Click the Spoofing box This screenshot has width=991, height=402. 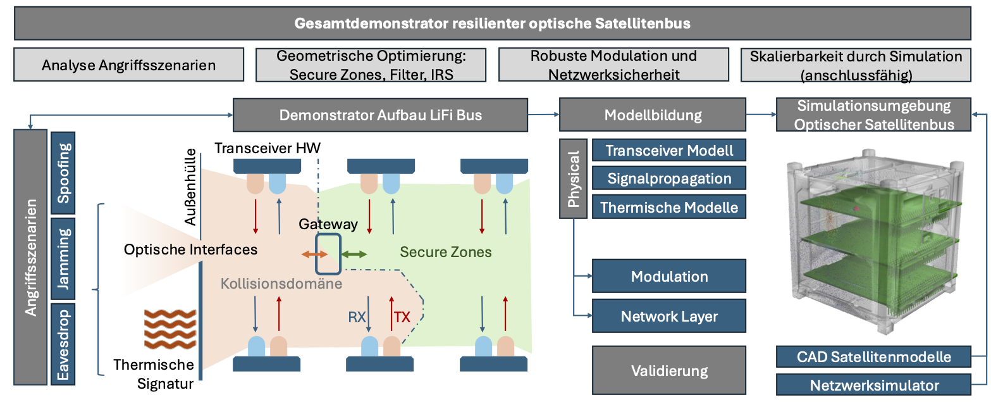click(x=63, y=173)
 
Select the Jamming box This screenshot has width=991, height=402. click(x=63, y=258)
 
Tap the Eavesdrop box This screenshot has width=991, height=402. click(x=63, y=344)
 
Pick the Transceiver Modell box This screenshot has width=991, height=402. click(x=669, y=150)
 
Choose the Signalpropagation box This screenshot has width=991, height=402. click(x=669, y=178)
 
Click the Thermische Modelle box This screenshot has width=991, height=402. click(x=669, y=207)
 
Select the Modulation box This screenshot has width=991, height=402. click(x=669, y=276)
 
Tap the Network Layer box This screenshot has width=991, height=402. click(x=669, y=316)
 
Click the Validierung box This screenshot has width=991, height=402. click(x=669, y=370)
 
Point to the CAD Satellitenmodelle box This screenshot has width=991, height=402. click(x=873, y=357)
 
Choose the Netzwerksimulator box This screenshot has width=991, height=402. click(x=873, y=385)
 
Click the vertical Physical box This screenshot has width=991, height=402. click(x=574, y=179)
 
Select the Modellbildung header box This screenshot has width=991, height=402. click(x=653, y=115)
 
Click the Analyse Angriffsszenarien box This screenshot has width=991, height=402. click(x=129, y=65)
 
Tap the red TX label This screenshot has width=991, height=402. click(x=402, y=317)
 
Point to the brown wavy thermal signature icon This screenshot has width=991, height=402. click(x=170, y=329)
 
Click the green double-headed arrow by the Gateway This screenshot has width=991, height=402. click(x=354, y=254)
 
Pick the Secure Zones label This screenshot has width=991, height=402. click(x=445, y=252)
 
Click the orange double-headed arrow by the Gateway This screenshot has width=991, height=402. click(x=314, y=254)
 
